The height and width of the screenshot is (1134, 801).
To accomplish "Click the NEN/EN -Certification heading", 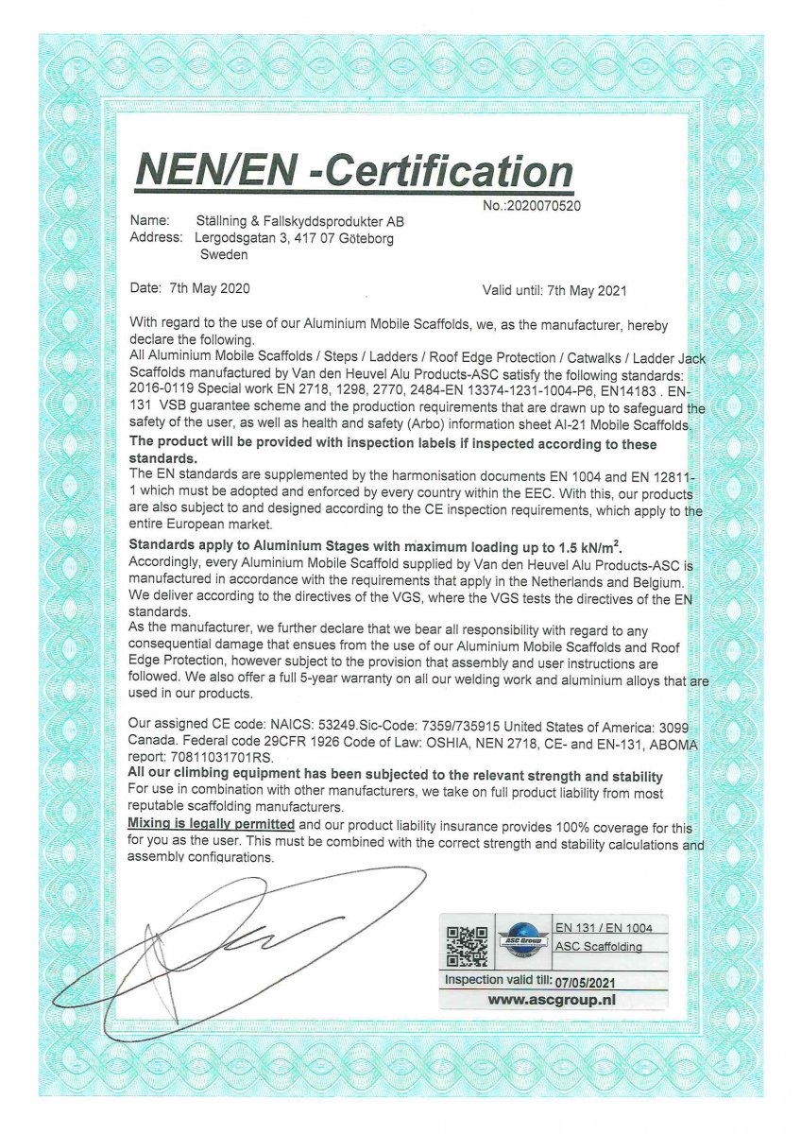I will tap(354, 171).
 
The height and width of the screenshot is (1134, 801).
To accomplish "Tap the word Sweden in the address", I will tap(224, 254).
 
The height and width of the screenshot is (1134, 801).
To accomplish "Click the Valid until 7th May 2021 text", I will tap(554, 290).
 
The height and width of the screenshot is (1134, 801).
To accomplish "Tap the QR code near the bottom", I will tap(467, 946).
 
